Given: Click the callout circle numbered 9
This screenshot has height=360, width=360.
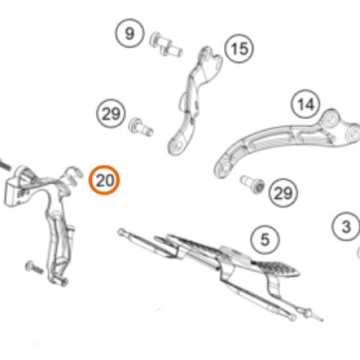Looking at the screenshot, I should (129, 34).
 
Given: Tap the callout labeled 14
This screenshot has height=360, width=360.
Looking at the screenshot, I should (306, 104).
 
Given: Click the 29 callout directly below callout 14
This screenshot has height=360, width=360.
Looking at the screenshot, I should (283, 193).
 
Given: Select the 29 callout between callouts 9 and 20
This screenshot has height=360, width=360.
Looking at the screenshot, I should (110, 114).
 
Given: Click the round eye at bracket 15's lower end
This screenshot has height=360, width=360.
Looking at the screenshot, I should (176, 147).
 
